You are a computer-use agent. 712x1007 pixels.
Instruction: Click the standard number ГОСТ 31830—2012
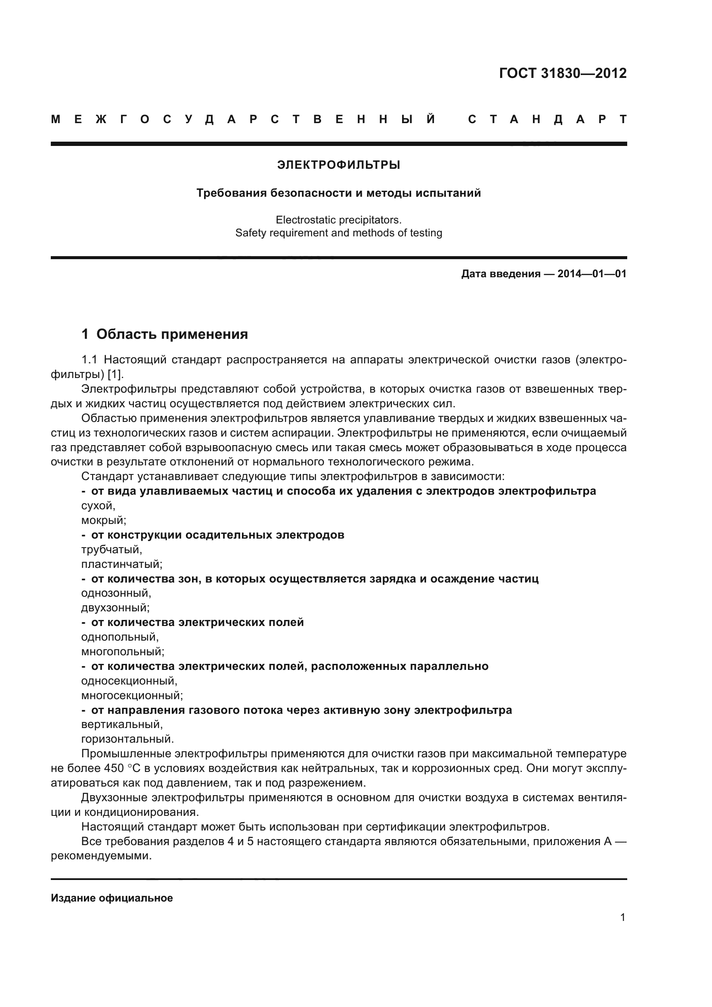click(563, 73)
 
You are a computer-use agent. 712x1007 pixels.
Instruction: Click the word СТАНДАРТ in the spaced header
click(547, 119)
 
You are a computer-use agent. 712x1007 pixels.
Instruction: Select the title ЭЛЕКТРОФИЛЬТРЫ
click(338, 165)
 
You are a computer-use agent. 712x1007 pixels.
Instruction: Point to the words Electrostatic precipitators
click(338, 219)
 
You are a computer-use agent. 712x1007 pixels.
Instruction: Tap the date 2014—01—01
click(591, 274)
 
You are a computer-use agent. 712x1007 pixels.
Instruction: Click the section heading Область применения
click(172, 334)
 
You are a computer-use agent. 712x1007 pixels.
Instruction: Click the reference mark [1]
click(116, 375)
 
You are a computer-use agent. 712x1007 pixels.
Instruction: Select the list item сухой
click(98, 506)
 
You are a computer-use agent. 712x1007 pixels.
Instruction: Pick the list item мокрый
click(103, 520)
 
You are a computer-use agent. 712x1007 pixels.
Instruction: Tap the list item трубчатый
click(111, 549)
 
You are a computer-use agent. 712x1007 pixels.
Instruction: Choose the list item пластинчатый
click(122, 564)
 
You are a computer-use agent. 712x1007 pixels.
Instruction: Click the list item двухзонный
click(115, 608)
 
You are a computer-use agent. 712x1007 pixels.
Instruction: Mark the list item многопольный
click(123, 651)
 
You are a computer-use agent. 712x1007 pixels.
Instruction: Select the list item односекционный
click(129, 681)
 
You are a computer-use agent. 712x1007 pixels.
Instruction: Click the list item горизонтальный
click(127, 739)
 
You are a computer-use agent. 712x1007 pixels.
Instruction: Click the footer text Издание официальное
click(112, 898)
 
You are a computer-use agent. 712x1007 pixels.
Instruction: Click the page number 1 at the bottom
click(622, 917)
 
